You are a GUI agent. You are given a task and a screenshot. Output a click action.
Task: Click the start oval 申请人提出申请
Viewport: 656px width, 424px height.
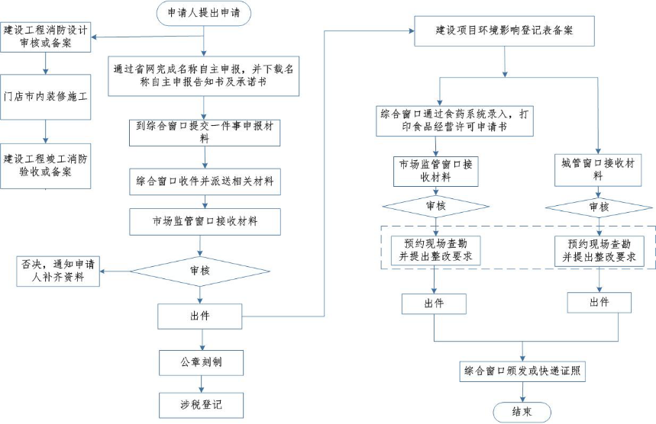(203, 13)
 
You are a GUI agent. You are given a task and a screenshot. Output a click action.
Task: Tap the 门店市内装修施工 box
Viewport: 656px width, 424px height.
(46, 97)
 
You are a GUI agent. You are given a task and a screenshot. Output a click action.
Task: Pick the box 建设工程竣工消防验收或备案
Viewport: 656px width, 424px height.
(46, 165)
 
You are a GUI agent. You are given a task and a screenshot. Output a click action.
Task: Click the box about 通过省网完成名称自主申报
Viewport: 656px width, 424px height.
(203, 74)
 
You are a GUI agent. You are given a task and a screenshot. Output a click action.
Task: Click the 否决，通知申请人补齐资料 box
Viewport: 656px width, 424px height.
(60, 271)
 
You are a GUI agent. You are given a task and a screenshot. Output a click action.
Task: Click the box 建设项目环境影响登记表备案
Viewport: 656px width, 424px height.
(504, 31)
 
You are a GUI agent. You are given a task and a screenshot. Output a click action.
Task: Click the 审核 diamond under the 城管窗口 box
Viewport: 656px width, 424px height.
(599, 207)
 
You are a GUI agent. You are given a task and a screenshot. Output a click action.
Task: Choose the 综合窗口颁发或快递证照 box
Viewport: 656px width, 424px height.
(523, 371)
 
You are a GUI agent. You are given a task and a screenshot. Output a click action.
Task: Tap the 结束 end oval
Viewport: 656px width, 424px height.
(523, 412)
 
